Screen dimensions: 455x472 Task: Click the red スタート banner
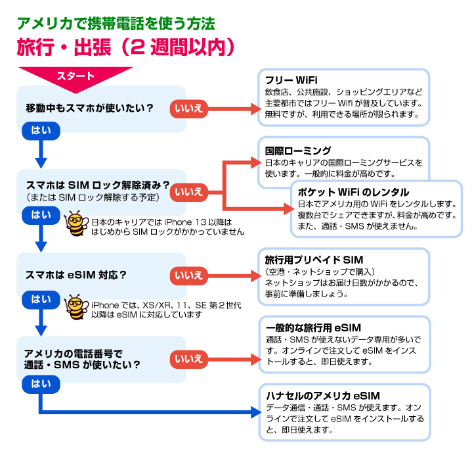[x=75, y=76]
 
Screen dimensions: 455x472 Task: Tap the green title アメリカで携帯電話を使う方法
[x=116, y=24]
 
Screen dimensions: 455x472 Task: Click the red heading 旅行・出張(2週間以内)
[x=125, y=49]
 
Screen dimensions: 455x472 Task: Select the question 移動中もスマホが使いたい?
[x=89, y=107]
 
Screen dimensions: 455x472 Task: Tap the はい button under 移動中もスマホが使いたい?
[x=41, y=130]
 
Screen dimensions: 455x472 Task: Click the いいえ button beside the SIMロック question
[x=188, y=191]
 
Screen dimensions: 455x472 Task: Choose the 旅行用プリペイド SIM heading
[x=314, y=260]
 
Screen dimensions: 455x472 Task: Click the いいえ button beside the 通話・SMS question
[x=188, y=359]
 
